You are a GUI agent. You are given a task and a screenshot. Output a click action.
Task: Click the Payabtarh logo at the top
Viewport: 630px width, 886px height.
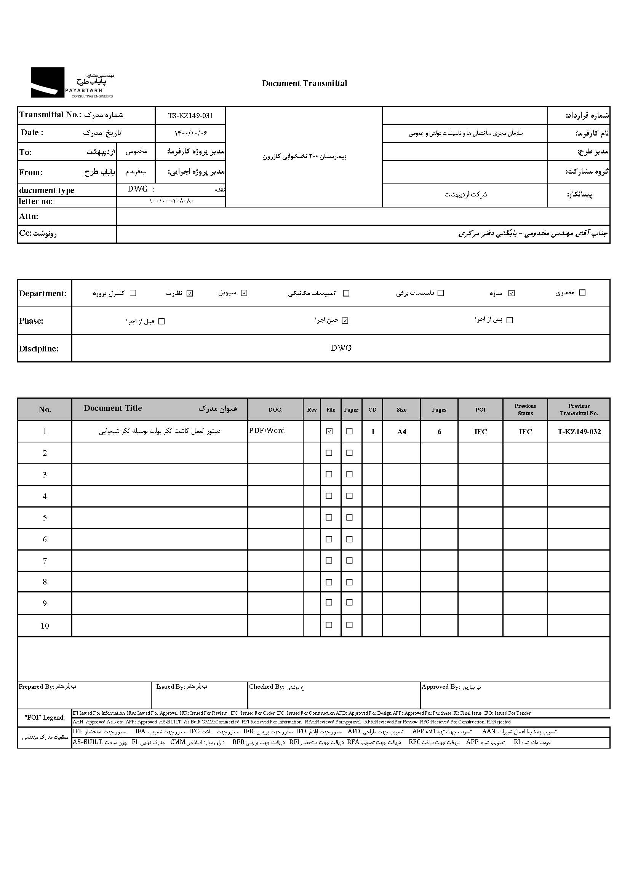(x=72, y=82)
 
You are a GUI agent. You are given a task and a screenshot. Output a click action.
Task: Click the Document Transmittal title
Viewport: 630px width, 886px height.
(x=305, y=83)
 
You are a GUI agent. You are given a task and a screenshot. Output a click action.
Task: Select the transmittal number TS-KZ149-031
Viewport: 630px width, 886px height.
(x=190, y=115)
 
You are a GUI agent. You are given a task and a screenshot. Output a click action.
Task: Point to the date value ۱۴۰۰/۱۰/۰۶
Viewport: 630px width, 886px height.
(x=190, y=133)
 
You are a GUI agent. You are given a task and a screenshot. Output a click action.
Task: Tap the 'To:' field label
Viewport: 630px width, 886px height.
(x=26, y=152)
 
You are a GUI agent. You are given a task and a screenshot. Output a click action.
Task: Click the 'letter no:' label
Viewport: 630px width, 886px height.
(x=36, y=201)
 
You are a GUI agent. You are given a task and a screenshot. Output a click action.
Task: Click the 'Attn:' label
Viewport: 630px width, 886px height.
(x=29, y=216)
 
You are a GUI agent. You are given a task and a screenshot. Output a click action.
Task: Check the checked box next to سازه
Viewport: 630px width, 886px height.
(x=511, y=293)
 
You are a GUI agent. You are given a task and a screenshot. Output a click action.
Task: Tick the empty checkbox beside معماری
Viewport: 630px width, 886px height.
(x=582, y=293)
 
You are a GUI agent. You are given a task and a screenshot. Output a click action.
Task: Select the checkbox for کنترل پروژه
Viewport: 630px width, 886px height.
(x=133, y=293)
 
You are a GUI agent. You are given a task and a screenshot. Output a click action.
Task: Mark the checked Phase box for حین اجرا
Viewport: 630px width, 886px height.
(x=345, y=321)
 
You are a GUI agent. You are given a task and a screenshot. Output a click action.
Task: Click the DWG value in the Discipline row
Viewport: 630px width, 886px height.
(x=341, y=348)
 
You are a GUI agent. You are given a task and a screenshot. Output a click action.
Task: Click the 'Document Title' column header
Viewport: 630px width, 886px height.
(x=113, y=408)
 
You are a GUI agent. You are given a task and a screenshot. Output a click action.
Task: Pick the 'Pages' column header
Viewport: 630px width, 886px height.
(x=439, y=410)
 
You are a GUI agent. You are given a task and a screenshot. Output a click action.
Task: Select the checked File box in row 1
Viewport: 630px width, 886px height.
(x=329, y=431)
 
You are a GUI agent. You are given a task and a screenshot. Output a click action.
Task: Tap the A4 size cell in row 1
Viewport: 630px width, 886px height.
(x=401, y=432)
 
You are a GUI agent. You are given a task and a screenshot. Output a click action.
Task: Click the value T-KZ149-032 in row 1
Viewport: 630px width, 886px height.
(x=579, y=432)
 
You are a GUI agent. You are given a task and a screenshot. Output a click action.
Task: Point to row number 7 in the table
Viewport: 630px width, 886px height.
(x=45, y=561)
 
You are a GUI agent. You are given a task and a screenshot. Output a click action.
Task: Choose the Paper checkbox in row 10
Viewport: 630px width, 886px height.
(x=350, y=625)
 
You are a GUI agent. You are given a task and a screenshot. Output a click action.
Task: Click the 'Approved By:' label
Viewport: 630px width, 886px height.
(x=441, y=687)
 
